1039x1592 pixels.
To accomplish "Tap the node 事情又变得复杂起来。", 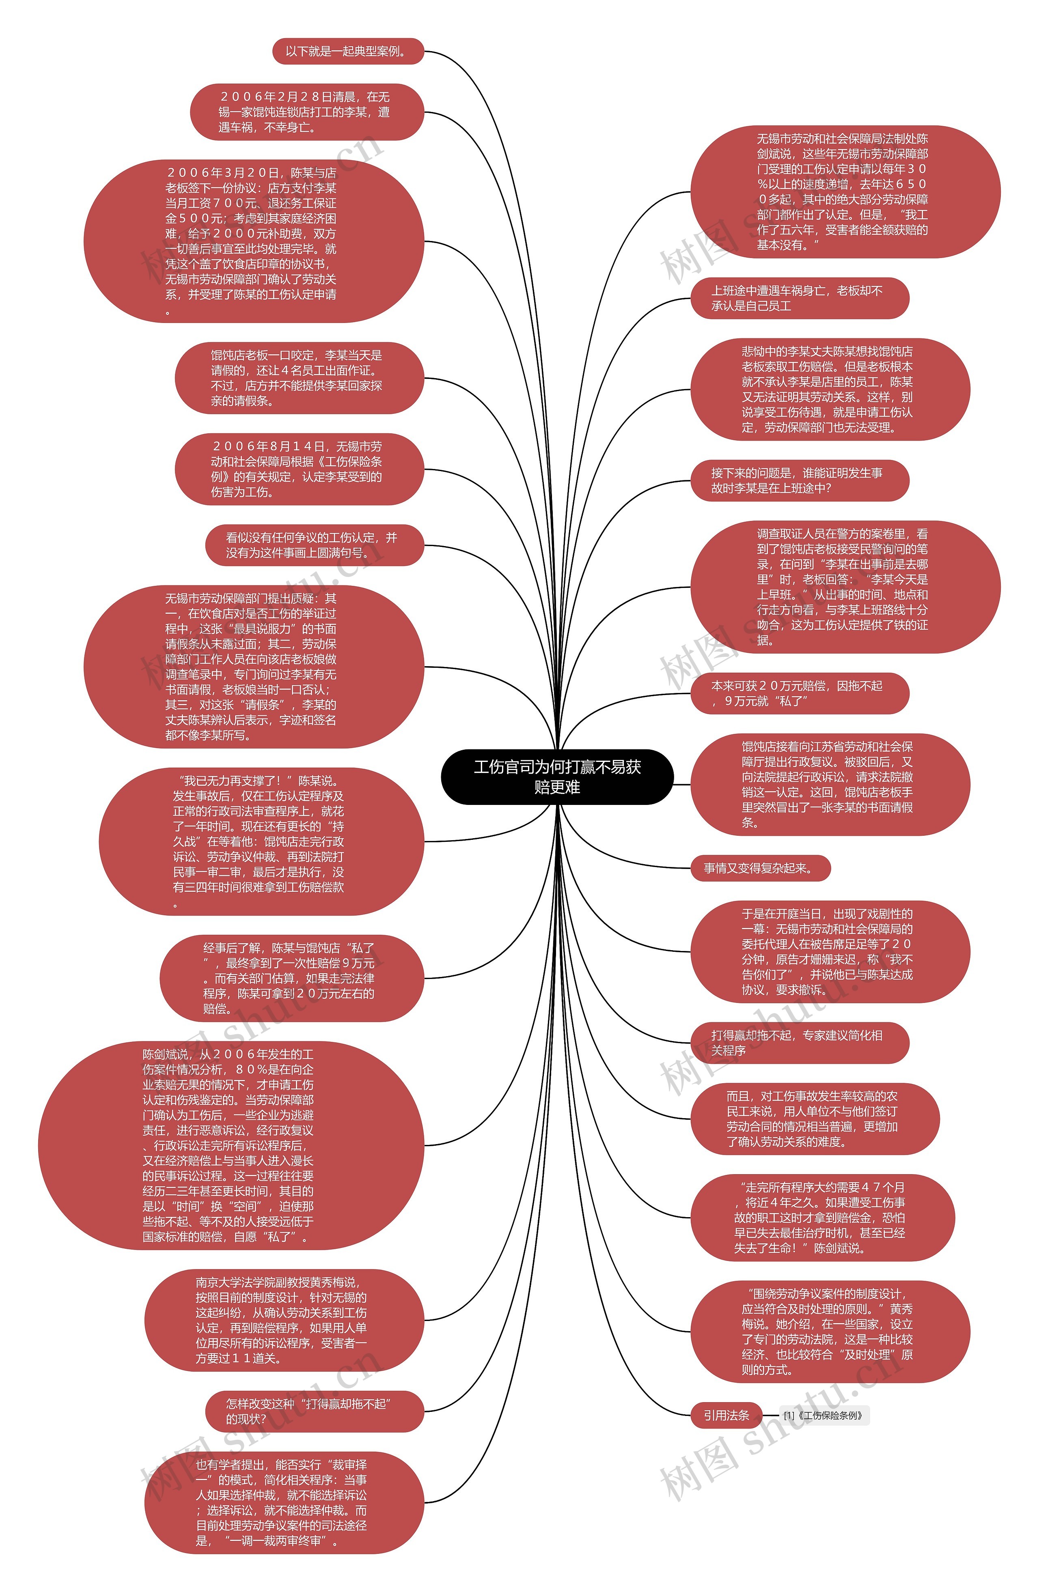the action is click(x=760, y=868).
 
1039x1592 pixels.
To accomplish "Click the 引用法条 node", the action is click(x=726, y=1416).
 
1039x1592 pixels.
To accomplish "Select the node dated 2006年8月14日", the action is click(x=299, y=469).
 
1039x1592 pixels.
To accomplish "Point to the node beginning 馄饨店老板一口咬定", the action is click(x=299, y=378).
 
